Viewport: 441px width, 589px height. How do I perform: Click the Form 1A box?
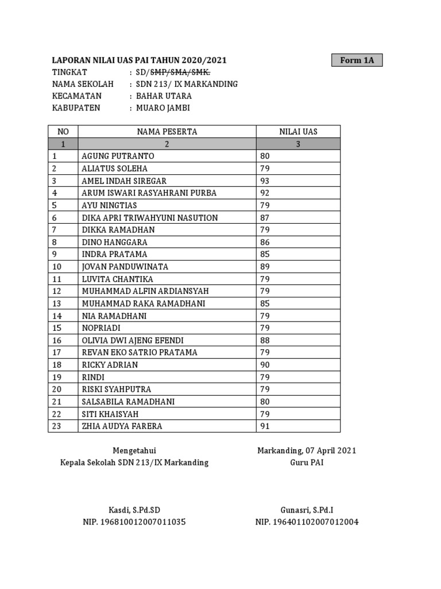357,60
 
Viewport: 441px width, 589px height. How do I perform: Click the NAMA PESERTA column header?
167,132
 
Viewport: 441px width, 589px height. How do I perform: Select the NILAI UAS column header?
298,132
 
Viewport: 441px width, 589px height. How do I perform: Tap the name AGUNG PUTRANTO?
118,156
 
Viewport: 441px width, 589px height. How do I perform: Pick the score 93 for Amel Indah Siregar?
265,181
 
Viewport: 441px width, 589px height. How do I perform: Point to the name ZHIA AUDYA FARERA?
122,426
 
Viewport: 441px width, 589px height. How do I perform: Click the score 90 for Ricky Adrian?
265,365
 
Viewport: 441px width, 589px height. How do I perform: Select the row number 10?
56,267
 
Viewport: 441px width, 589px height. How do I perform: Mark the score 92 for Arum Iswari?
265,193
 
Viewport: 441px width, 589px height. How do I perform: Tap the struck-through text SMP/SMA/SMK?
180,72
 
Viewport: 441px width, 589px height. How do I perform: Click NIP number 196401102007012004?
307,522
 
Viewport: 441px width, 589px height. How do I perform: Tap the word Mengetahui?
134,450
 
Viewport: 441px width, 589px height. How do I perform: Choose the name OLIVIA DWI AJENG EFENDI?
133,341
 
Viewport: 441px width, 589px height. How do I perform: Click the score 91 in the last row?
265,426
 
